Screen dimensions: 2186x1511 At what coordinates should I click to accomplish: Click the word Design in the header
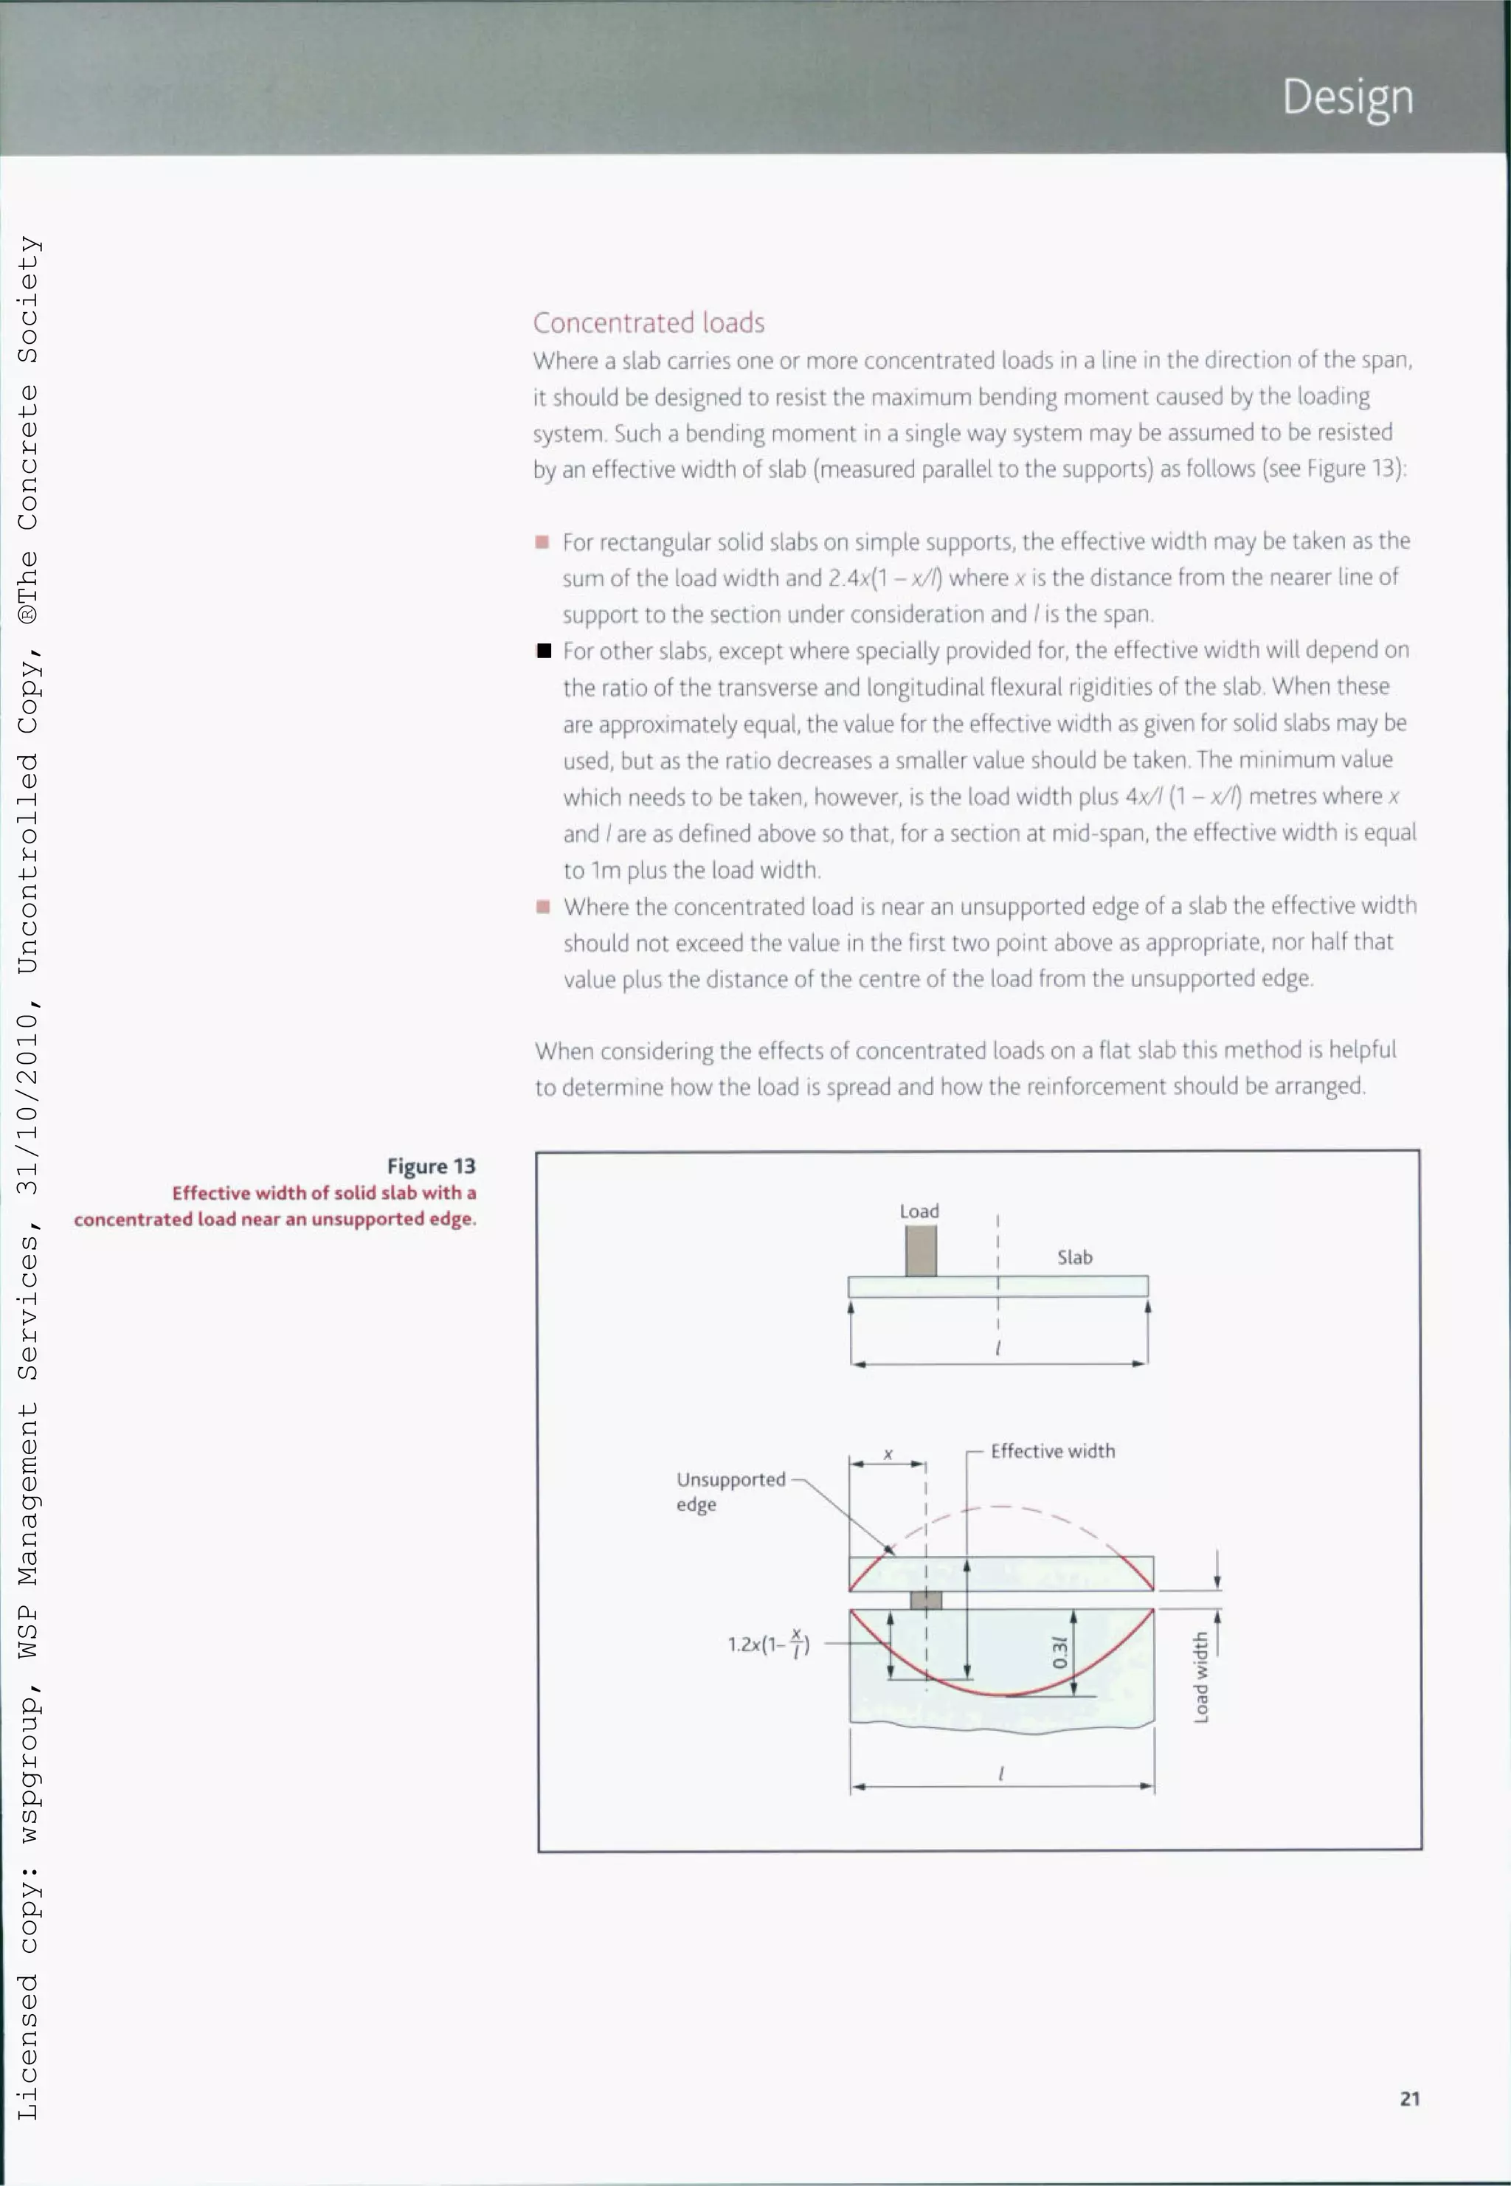pos(1347,97)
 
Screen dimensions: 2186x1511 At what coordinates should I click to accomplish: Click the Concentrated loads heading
pos(649,323)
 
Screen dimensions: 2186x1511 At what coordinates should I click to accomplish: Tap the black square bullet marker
pos(544,651)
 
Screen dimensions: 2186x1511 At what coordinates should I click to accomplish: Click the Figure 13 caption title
pos(431,1166)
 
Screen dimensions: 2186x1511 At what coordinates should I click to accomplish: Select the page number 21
pos(1408,2098)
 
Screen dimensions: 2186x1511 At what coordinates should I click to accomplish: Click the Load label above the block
pos(919,1211)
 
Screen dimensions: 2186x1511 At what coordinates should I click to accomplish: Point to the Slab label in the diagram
pos(1074,1257)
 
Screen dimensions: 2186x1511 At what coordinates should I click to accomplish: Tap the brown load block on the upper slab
pos(920,1251)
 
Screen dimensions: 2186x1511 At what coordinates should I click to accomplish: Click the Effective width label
pos(1052,1450)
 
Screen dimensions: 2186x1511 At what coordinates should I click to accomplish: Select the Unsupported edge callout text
pos(730,1491)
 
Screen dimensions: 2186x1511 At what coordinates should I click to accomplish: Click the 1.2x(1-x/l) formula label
pos(768,1644)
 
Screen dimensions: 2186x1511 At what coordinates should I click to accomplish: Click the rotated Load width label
pos(1200,1675)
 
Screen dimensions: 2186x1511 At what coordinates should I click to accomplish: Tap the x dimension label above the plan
pos(888,1453)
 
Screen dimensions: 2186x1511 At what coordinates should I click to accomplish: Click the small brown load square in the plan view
pos(925,1600)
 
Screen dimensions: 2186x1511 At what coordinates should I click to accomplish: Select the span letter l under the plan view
pos(1000,1774)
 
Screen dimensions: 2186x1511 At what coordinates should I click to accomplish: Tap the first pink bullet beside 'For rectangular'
pos(542,542)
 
